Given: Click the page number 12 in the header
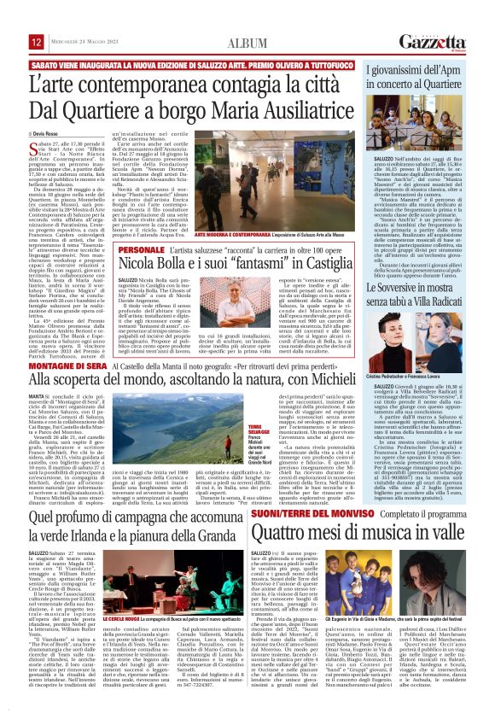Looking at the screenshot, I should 12,42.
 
